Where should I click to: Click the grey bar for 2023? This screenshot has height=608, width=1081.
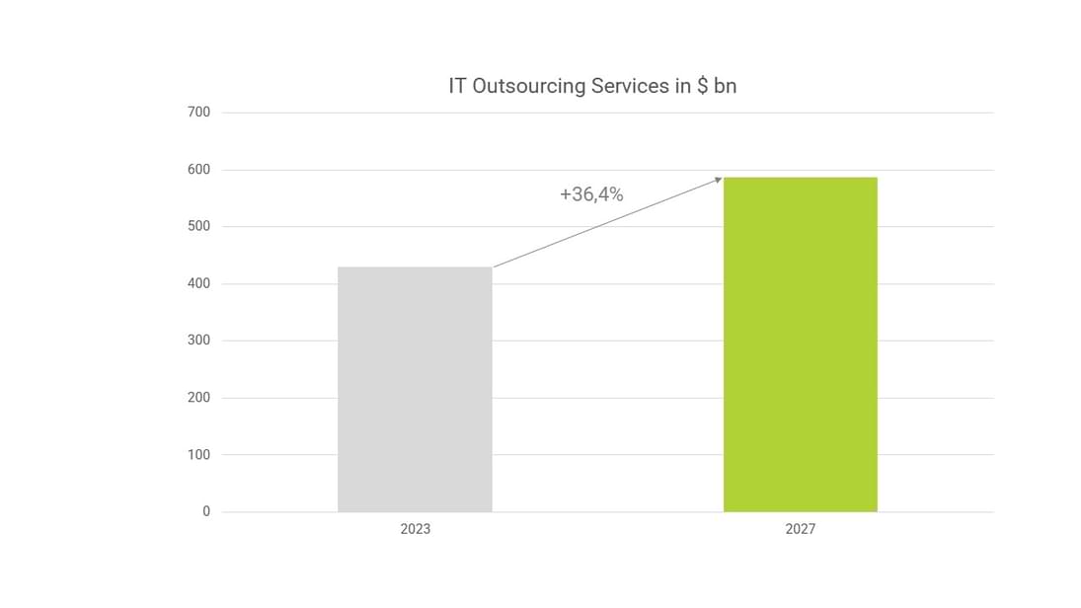415,390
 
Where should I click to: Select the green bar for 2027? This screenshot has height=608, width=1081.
800,344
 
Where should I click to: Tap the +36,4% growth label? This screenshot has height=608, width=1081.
591,194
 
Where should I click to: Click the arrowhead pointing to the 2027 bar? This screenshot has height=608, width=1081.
719,179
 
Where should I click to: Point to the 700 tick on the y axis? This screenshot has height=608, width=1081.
198,113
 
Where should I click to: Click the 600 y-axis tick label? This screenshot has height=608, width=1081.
198,170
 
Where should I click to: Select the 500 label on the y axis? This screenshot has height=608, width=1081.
198,227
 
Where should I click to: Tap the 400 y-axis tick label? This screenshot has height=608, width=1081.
198,284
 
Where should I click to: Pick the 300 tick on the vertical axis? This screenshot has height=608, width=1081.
198,341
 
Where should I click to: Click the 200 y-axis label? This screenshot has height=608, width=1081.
198,398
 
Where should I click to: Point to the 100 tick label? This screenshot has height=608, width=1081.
198,455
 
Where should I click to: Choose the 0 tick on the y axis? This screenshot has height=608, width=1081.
206,511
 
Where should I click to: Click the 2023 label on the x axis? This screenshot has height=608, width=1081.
415,529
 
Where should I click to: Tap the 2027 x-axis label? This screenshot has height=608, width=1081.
800,529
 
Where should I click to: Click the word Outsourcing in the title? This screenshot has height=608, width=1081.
529,86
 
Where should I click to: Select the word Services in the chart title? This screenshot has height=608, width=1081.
630,86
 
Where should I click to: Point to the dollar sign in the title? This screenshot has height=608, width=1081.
701,86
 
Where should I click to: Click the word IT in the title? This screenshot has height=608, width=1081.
457,86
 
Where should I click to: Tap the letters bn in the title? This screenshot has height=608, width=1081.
725,86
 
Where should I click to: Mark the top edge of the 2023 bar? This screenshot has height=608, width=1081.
415,267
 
